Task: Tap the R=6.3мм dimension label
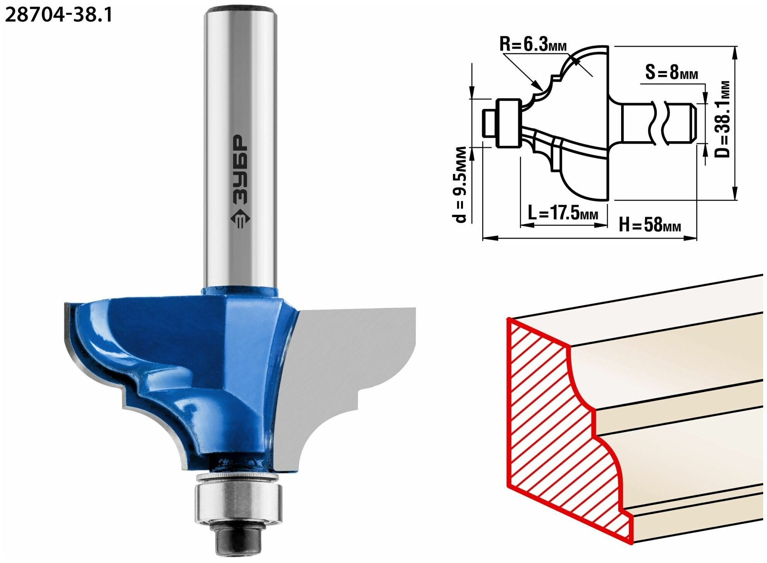tap(533, 44)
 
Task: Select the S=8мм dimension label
tap(672, 72)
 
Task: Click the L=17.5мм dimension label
tap(563, 212)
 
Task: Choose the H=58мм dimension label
tap(650, 224)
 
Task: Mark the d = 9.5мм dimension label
tap(461, 185)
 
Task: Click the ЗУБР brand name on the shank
tap(240, 169)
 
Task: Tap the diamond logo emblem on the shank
tap(240, 219)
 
